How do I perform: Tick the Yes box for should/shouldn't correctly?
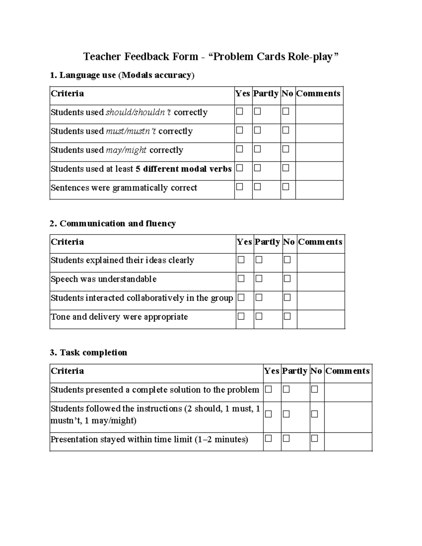239,111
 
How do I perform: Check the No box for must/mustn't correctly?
286,130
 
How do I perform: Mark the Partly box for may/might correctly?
257,149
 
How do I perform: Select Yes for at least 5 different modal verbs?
239,168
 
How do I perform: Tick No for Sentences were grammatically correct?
286,187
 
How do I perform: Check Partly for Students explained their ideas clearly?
259,260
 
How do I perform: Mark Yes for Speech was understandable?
241,279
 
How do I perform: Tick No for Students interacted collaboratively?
287,298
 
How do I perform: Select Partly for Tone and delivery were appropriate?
259,316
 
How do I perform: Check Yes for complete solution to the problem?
268,389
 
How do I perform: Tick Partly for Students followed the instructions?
286,414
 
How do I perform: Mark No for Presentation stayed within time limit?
314,438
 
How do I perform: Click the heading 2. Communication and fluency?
113,224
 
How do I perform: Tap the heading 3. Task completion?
88,353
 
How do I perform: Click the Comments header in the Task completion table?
347,371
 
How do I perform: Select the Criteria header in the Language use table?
68,94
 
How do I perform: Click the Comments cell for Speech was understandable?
320,281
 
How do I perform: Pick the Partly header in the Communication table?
267,242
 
